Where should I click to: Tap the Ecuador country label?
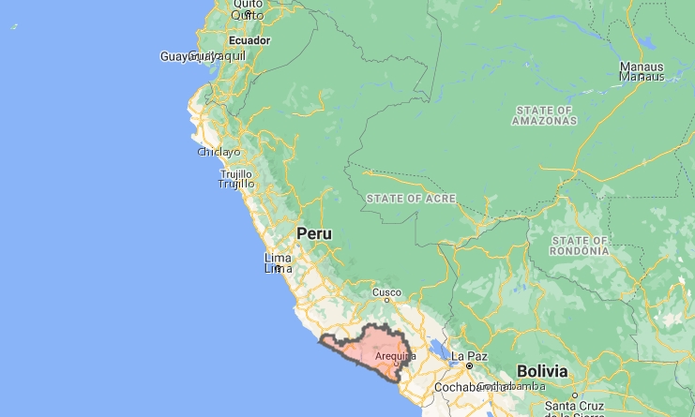coord(249,40)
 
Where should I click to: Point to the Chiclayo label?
coord(219,152)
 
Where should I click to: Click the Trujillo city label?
coord(236,179)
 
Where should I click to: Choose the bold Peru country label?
coord(314,233)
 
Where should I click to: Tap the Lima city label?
coord(278,263)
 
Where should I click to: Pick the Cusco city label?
coord(386,293)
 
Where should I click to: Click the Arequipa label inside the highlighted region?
coord(395,356)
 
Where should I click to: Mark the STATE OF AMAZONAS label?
coord(544,115)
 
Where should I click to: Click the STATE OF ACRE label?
coord(411,199)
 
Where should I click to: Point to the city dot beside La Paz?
coord(469,366)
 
